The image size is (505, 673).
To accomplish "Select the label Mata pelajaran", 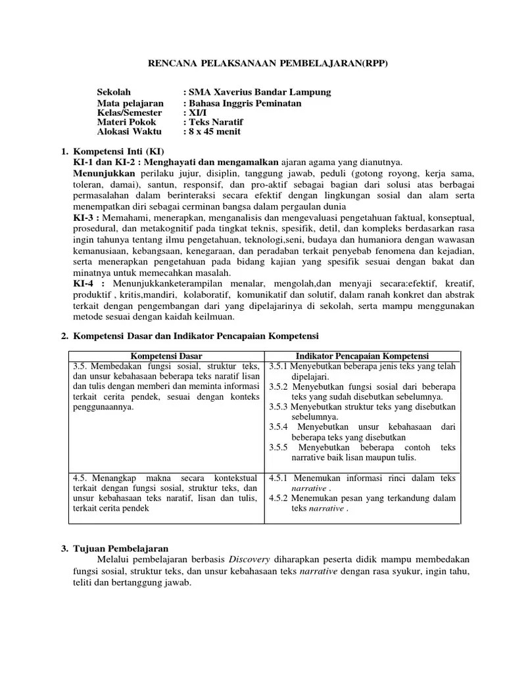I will click(x=130, y=104).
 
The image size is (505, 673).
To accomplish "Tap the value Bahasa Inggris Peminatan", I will click(x=246, y=104).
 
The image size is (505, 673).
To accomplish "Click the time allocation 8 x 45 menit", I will click(x=215, y=131).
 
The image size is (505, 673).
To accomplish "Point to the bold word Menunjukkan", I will click(x=104, y=173).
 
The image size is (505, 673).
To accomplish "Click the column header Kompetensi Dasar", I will click(x=167, y=355).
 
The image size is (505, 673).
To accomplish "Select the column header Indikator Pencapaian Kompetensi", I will click(x=362, y=355).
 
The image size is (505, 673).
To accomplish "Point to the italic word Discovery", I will click(x=245, y=559).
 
